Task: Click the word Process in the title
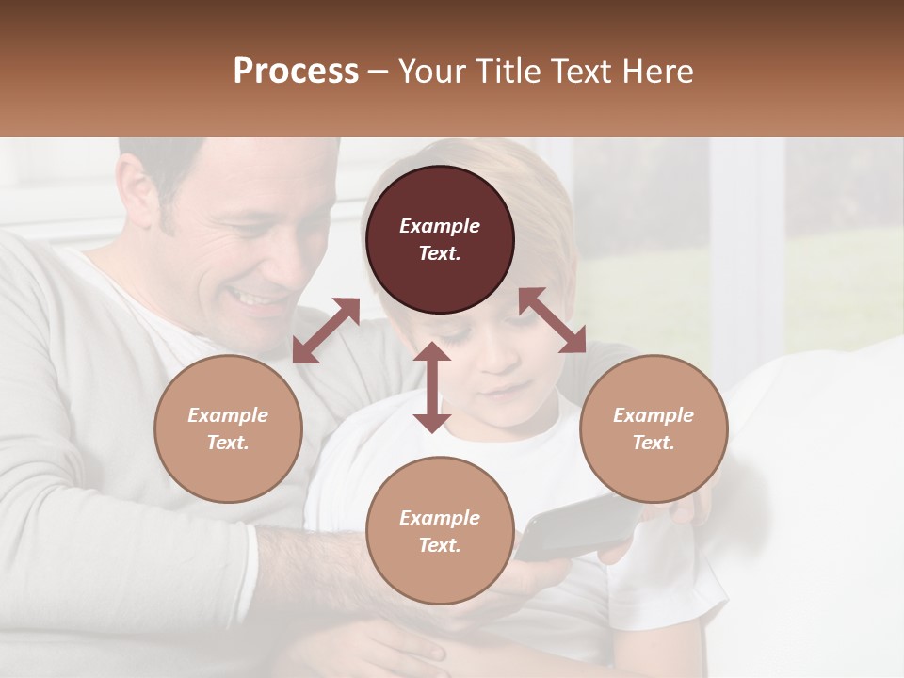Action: click(x=296, y=72)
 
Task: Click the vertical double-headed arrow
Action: click(x=432, y=387)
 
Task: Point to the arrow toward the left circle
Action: click(x=326, y=331)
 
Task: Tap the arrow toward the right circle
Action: click(x=553, y=321)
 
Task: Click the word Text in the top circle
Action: click(x=440, y=254)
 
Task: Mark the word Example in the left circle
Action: click(x=228, y=415)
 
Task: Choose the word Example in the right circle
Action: click(x=654, y=415)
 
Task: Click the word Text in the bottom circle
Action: click(x=440, y=545)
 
